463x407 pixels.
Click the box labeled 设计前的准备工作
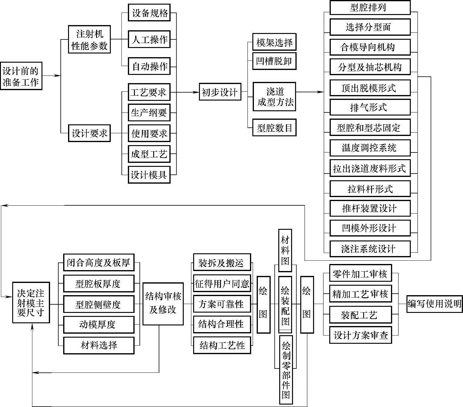[21, 76]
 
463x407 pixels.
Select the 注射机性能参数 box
[89, 39]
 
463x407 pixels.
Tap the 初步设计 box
[220, 92]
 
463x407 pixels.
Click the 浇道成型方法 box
[274, 97]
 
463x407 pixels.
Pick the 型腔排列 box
[370, 8]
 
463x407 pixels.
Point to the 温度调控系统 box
[370, 148]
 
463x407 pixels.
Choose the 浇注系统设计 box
[370, 248]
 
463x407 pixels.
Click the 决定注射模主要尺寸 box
[31, 302]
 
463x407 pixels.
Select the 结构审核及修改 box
[163, 304]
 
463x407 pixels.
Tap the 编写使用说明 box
[434, 303]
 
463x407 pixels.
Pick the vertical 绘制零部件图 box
[286, 370]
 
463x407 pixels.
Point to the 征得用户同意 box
[222, 284]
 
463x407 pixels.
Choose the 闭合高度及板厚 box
[99, 262]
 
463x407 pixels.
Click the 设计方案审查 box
[360, 335]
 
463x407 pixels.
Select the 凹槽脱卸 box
[274, 61]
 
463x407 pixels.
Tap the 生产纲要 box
[149, 113]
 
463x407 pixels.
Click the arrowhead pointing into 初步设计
[196, 92]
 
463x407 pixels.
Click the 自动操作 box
[149, 66]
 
